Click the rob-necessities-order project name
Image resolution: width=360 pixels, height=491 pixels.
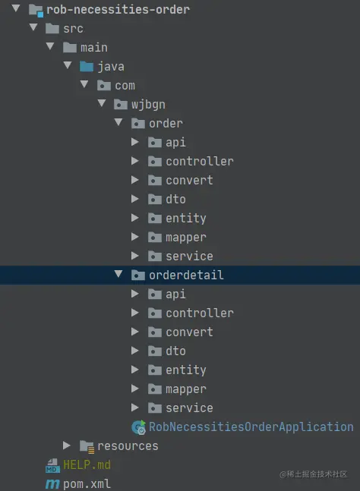(x=118, y=9)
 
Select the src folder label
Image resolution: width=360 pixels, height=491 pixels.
(x=74, y=29)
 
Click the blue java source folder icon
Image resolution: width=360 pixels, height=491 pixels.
(x=87, y=66)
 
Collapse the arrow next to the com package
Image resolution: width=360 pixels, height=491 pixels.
(x=84, y=84)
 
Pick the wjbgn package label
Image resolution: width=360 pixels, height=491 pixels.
(x=148, y=105)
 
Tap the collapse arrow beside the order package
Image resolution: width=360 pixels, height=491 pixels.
(x=118, y=122)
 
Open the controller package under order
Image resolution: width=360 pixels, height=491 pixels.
(x=200, y=162)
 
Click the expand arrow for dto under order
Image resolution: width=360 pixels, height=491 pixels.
(x=135, y=199)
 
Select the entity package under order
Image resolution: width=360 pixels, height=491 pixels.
(x=186, y=219)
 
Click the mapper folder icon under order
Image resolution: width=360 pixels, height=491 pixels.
(x=155, y=238)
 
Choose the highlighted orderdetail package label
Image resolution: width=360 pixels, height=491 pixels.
(x=186, y=275)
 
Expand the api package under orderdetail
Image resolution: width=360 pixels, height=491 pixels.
(x=135, y=294)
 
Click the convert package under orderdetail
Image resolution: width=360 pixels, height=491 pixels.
(x=189, y=332)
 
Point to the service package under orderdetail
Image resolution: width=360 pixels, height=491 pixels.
(x=189, y=408)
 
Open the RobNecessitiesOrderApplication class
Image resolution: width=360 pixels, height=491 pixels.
(x=251, y=426)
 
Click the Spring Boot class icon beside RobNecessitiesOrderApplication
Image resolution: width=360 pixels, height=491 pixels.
(x=138, y=427)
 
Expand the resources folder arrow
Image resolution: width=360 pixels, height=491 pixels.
(x=66, y=445)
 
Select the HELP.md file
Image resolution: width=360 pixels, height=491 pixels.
(x=87, y=464)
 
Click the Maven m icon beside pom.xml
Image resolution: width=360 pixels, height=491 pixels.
(x=52, y=484)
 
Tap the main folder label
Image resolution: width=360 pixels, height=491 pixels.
(x=94, y=48)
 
